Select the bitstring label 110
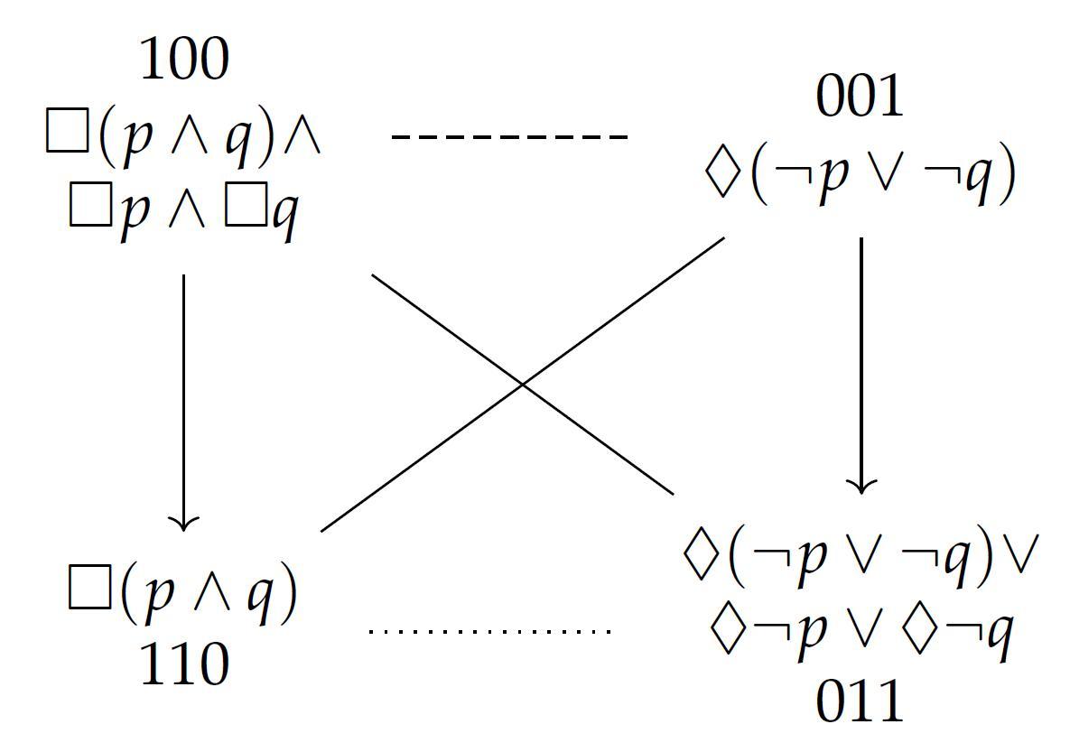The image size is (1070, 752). tap(184, 665)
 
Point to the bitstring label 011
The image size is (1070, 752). tap(860, 701)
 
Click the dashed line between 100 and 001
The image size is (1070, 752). tap(509, 137)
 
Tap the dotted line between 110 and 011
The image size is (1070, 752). tap(490, 631)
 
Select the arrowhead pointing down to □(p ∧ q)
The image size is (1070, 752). tap(184, 522)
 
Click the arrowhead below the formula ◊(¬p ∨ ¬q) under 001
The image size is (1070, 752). tap(861, 485)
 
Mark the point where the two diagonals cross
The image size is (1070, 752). tap(523, 385)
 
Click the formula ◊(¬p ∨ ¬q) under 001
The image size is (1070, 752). tap(860, 173)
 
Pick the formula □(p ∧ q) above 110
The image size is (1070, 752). tap(183, 595)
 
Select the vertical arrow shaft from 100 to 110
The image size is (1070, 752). tap(184, 397)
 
